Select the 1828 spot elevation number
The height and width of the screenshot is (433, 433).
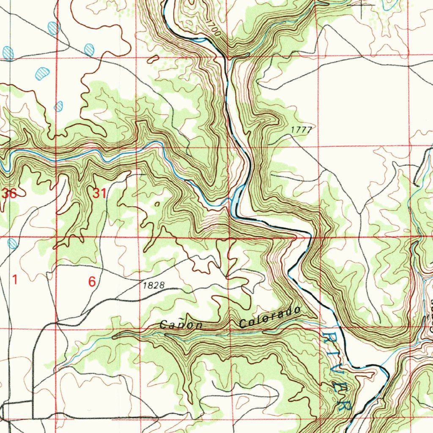coord(153,285)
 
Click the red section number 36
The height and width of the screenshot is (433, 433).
coord(9,194)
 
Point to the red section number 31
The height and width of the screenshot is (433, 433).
coord(99,194)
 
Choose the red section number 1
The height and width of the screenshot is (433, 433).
coord(15,280)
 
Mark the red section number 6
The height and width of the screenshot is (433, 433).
coord(92,282)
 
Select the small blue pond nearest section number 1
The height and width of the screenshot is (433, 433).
coord(13,243)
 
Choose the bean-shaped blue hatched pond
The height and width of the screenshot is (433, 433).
coord(42,73)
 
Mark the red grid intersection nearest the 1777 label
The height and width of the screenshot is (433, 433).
coord(318,147)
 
